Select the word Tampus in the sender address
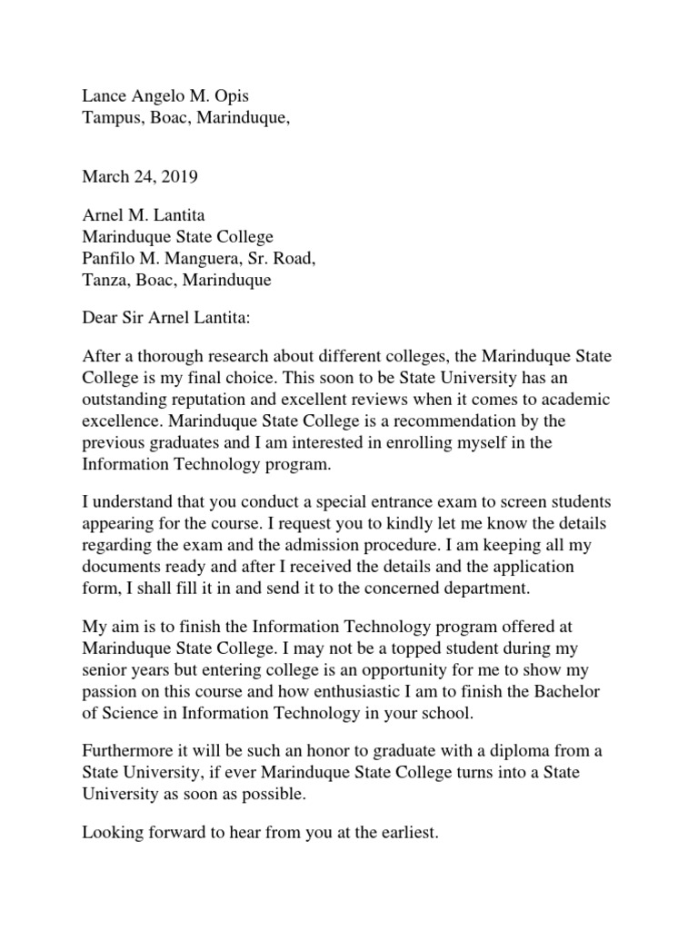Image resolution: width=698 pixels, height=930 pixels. click(x=111, y=118)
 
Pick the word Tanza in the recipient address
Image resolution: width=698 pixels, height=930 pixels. click(x=104, y=281)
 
